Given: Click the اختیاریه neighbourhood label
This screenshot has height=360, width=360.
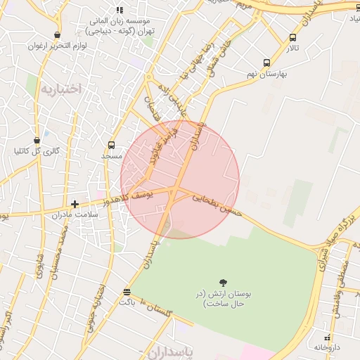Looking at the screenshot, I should (60, 89).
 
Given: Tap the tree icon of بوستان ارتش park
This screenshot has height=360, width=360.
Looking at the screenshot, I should (224, 282).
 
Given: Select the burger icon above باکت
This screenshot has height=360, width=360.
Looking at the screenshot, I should (127, 292).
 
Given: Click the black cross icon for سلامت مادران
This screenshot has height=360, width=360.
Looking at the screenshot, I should (75, 204).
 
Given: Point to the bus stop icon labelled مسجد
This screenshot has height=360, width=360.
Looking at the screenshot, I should (111, 146).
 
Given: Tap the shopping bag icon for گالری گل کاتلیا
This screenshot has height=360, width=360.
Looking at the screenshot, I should (37, 141).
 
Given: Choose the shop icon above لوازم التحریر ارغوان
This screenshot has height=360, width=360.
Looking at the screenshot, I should (57, 34).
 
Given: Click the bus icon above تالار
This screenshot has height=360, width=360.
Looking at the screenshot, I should (292, 38).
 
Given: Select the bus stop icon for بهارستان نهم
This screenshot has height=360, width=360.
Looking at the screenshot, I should (266, 63).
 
